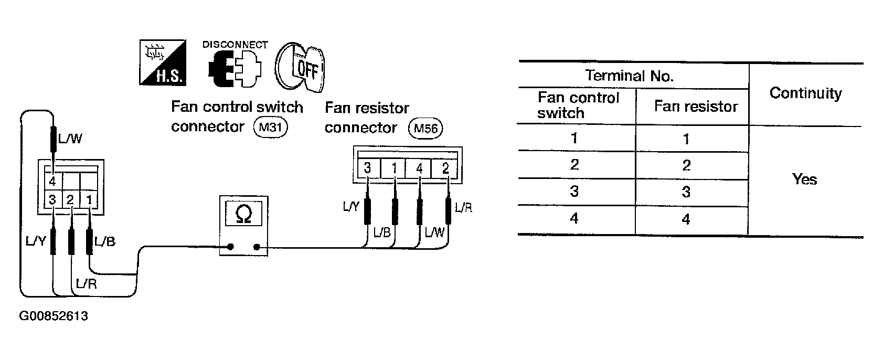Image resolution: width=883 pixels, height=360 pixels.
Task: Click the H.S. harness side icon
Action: pos(163,62)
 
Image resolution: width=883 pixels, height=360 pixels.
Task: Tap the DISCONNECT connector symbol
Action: pos(235,69)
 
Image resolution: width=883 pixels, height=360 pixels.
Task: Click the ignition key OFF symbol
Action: pos(300,67)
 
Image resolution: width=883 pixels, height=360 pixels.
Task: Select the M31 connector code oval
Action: pos(270,127)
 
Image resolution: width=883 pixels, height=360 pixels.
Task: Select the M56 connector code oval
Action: pos(425,128)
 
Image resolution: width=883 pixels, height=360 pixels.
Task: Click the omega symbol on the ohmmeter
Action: pos(243,214)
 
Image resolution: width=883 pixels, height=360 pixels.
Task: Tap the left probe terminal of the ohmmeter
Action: pos(231,247)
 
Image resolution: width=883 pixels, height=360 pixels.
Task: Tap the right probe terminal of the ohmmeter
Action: pos(257,247)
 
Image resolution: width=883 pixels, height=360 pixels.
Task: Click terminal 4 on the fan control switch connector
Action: pos(52,182)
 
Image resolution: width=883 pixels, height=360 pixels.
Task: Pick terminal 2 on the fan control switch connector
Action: pos(70,200)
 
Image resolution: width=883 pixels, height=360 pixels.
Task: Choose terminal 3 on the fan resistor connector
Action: pos(368,168)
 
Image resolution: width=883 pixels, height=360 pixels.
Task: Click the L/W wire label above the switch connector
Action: pos(70,139)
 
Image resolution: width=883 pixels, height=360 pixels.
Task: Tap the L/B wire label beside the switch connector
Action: pos(105,241)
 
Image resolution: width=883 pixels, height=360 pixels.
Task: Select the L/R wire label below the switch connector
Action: pos(87,283)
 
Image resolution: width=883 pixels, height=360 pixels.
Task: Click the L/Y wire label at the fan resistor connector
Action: pos(351,206)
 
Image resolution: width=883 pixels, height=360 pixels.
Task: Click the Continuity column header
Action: pos(805,93)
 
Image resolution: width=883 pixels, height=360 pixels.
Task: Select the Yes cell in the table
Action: pos(804,179)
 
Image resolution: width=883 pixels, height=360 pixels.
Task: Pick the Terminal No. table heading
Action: pos(629,76)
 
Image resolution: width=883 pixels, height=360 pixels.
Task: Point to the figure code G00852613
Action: pos(54,316)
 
